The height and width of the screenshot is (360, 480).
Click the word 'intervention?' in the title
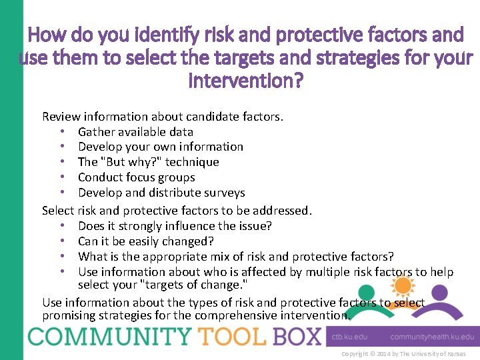[x=246, y=82]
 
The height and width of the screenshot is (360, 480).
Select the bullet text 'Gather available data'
[x=135, y=131]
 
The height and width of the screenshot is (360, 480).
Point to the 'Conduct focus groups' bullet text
[x=136, y=177]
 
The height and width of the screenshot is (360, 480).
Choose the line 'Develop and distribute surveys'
[x=161, y=193]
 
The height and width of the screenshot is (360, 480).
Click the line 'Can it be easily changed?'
[x=145, y=241]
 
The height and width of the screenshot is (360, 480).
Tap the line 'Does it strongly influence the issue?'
[x=175, y=226]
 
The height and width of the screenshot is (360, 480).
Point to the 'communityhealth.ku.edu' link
[x=432, y=337]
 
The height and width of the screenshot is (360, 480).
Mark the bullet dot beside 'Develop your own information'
[x=61, y=147]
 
